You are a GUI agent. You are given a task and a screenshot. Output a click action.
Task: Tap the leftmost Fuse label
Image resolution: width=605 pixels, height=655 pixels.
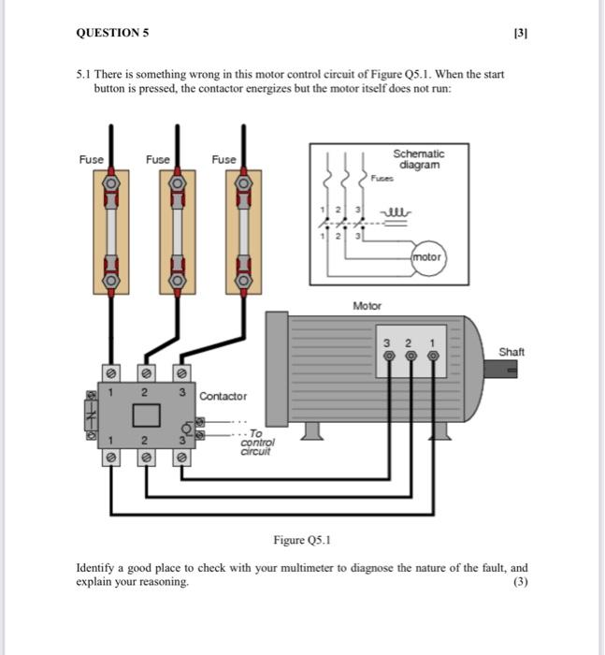(92, 160)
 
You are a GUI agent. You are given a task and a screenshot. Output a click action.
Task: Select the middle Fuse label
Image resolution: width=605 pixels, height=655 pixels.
(158, 160)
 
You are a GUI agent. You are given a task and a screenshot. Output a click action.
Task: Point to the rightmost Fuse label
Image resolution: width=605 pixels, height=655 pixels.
(223, 160)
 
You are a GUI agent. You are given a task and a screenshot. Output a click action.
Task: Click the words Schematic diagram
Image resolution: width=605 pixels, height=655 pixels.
(418, 158)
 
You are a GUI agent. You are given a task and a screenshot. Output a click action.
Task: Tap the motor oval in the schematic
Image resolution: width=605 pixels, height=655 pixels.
(427, 256)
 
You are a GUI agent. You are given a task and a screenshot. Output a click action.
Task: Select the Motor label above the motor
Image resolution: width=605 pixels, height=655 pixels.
(366, 306)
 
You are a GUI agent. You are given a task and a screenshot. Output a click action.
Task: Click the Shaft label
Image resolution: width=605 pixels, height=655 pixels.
(511, 352)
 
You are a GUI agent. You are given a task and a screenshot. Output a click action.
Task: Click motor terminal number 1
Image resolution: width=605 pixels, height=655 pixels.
(433, 357)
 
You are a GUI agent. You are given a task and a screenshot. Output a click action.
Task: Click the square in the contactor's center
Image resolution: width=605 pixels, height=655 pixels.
(145, 415)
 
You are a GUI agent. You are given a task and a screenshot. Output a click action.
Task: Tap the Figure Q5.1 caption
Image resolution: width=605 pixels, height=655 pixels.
(302, 540)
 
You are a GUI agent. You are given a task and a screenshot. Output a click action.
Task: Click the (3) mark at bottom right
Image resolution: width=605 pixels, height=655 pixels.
(521, 582)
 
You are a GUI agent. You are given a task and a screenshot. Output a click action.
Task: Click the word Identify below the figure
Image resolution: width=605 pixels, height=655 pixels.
(96, 568)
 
